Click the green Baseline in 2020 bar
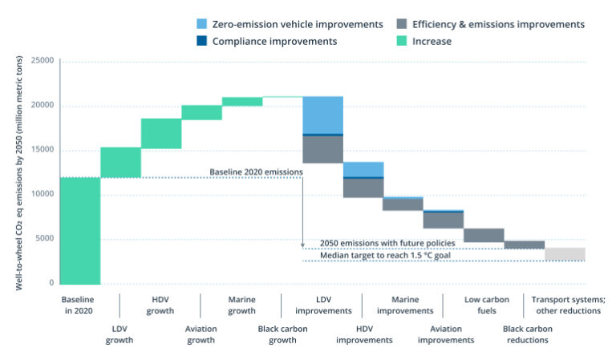tap(80, 230)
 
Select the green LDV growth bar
tap(120, 162)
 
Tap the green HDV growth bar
tap(161, 133)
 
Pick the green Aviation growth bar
tap(201, 112)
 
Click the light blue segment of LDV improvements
tap(322, 115)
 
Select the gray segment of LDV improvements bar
tap(322, 149)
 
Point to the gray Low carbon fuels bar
tap(484, 235)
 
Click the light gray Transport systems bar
tap(565, 254)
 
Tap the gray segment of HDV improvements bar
tap(363, 188)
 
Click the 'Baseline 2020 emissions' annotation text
tap(256, 172)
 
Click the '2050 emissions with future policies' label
tap(387, 243)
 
